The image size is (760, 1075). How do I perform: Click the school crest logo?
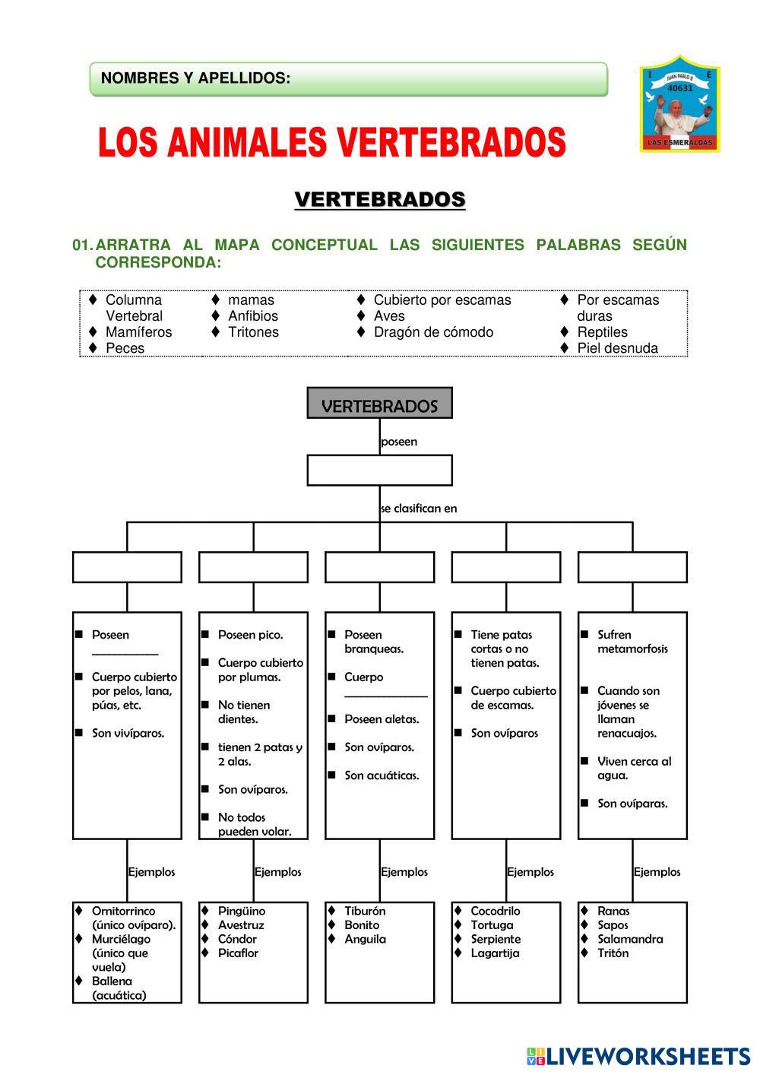[679, 104]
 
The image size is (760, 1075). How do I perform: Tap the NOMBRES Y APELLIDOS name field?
[348, 79]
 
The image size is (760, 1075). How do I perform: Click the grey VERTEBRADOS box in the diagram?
[379, 404]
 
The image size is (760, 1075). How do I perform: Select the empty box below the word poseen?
[379, 470]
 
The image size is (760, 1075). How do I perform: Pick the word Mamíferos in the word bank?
[138, 332]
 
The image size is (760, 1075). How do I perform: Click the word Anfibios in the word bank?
[253, 316]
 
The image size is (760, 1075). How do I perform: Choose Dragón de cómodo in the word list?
[433, 332]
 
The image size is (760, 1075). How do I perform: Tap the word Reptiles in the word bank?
[602, 332]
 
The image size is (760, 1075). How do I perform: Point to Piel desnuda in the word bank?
[617, 348]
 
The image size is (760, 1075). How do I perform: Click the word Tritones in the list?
[253, 332]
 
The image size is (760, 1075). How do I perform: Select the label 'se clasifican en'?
[419, 509]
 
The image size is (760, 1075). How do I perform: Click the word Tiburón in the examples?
[365, 911]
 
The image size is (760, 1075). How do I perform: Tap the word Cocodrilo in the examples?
[496, 911]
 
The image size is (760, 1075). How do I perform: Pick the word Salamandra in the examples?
[630, 939]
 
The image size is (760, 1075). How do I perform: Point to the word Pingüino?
[242, 911]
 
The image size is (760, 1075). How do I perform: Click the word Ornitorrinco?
[123, 911]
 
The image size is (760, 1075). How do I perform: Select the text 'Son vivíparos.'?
[128, 734]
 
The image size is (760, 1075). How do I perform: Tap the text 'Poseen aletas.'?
[382, 719]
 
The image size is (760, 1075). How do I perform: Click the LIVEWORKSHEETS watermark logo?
[638, 1056]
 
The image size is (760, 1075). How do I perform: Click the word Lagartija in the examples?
[495, 953]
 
